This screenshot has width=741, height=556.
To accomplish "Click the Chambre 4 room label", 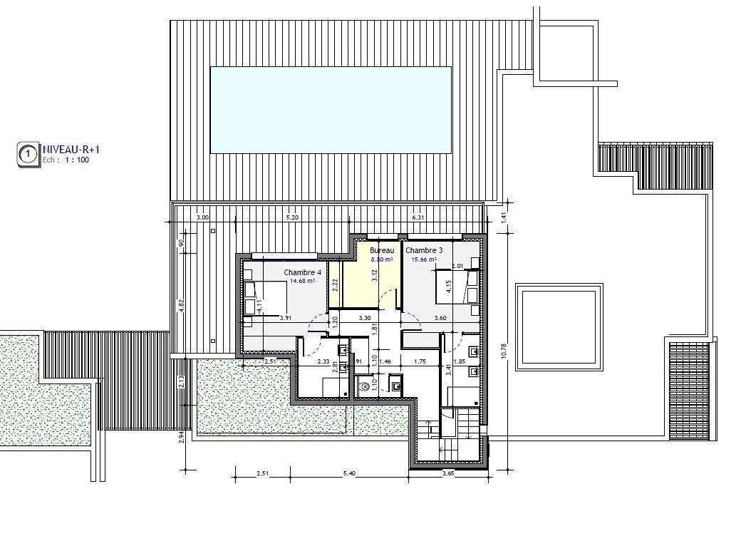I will pos(302,273).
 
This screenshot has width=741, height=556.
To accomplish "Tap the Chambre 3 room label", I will pos(424,251).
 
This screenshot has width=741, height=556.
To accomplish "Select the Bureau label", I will pos(382,251).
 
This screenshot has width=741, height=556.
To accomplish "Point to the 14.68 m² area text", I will pos(302,282).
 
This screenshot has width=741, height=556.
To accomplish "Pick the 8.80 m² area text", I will pos(382,259).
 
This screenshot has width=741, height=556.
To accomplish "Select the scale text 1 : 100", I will pos(76,160).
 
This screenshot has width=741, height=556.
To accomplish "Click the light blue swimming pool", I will pos(331,110).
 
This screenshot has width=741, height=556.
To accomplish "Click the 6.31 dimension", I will pos(418,217).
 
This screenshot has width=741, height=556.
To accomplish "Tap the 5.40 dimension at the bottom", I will pos(349,473).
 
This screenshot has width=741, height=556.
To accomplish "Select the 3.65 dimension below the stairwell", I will pos(448,473).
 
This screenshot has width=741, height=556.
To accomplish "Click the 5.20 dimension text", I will pos(292,217).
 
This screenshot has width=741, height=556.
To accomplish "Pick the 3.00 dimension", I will pos(202,217).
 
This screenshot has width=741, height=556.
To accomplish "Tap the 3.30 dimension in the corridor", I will pos(364,318).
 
